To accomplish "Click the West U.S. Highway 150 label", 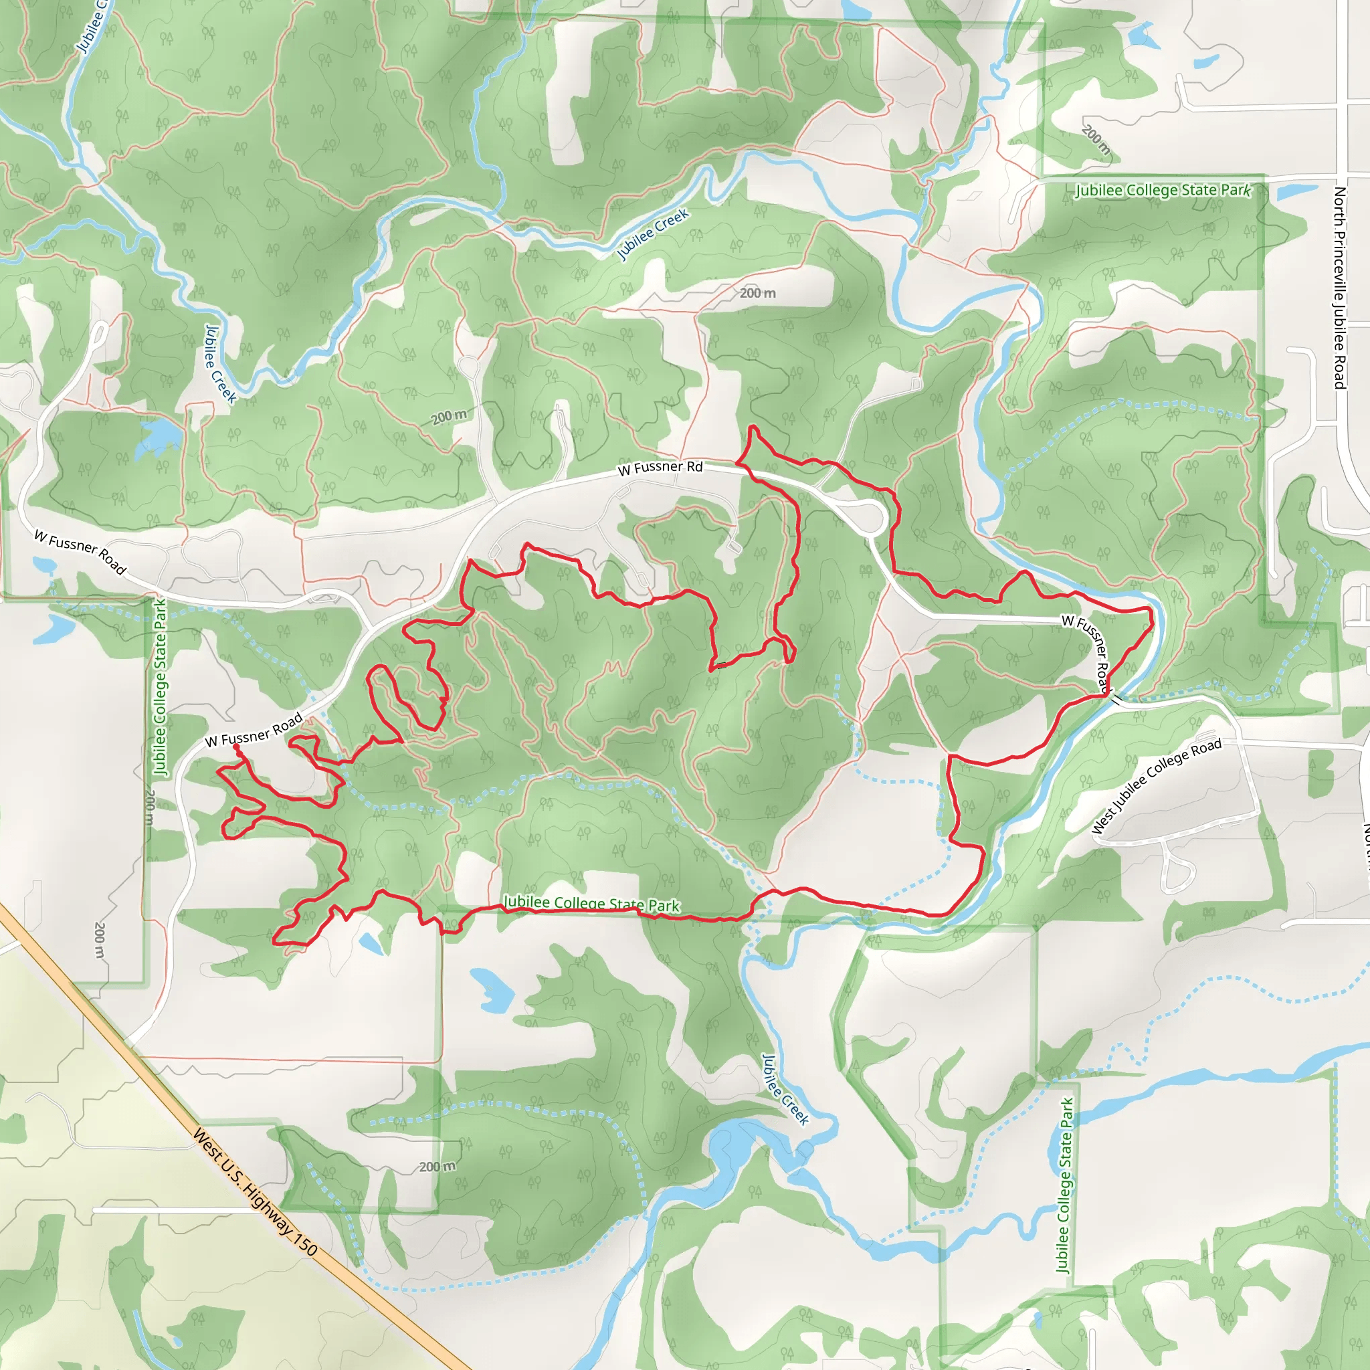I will (255, 1193).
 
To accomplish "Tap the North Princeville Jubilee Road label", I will (1339, 287).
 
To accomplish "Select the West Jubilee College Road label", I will (1156, 786).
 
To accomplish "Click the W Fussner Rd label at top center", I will (660, 468).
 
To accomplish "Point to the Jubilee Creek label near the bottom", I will (785, 1090).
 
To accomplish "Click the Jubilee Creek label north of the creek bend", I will (652, 233).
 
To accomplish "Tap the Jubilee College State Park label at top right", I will (1163, 190).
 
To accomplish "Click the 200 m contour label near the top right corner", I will (1096, 140).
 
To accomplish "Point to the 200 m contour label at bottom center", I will (437, 1167).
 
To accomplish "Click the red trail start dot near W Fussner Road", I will (236, 747).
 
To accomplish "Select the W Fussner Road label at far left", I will (80, 553).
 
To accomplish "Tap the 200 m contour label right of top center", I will (757, 293).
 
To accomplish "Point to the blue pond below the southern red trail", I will (371, 944).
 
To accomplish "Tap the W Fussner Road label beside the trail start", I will (254, 730).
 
